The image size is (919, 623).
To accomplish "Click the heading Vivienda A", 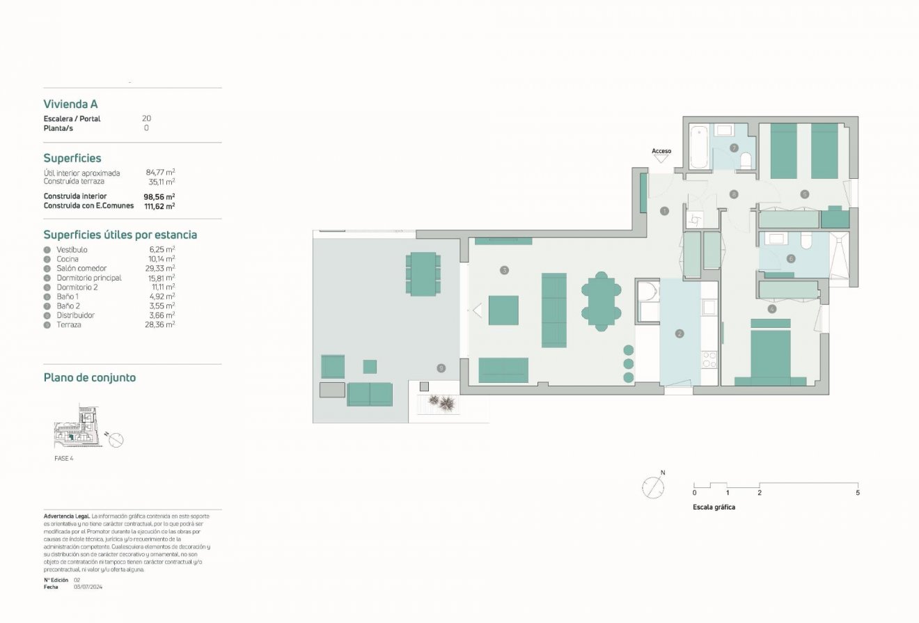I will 70,104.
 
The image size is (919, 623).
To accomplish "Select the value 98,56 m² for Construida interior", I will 159,196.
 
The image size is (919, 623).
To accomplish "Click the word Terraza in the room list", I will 69,324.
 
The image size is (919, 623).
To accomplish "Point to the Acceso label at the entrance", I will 661,151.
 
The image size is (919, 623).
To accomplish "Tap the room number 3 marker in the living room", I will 504,269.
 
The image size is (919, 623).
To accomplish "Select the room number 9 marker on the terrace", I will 441,368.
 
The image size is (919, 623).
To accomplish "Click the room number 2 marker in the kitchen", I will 680,333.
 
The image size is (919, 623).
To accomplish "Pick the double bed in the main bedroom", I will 771,354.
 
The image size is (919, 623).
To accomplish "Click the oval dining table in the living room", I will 600,300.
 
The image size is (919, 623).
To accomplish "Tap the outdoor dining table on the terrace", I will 423,274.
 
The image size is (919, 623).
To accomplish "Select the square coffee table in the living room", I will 503,310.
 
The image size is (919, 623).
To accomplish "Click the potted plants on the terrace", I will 440,402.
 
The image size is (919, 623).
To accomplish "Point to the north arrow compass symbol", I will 653,487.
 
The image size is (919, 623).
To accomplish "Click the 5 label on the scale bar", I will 858,493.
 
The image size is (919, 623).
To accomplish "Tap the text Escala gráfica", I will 714,507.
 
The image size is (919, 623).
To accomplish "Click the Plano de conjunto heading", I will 90,377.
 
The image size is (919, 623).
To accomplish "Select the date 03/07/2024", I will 88,587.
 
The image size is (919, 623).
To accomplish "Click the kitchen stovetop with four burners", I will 709,359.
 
